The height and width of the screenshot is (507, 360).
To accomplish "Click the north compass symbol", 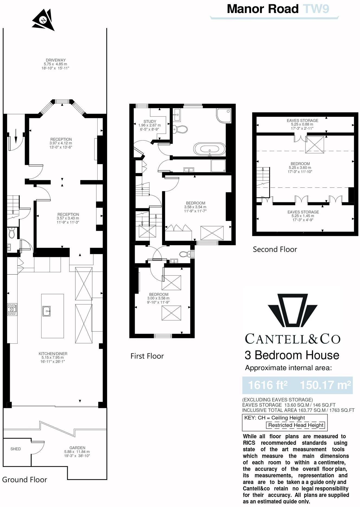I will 43,19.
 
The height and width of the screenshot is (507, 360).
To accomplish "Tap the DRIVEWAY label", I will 56,60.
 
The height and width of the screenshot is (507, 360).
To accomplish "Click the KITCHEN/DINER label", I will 53,353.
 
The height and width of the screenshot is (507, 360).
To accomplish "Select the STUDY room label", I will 150,122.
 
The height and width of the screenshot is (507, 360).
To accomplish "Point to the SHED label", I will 15,449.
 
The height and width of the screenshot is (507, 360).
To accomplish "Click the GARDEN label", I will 77,448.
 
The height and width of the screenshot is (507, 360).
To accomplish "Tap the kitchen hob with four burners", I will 12,309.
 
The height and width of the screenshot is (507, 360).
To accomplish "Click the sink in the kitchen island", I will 46,311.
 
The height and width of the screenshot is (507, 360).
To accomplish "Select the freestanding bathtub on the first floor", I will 209,149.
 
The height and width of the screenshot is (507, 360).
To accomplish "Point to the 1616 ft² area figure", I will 268,385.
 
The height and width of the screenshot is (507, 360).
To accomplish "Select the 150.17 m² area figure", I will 325,385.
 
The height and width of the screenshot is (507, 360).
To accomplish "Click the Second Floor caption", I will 275,249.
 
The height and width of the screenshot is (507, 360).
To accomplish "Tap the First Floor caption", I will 147,356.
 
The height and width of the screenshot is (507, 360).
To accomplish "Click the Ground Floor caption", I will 24,480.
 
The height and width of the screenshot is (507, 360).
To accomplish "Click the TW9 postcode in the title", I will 316,9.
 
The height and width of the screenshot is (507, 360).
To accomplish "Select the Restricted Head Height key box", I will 295,425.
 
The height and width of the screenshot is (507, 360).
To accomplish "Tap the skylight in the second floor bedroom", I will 315,145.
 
